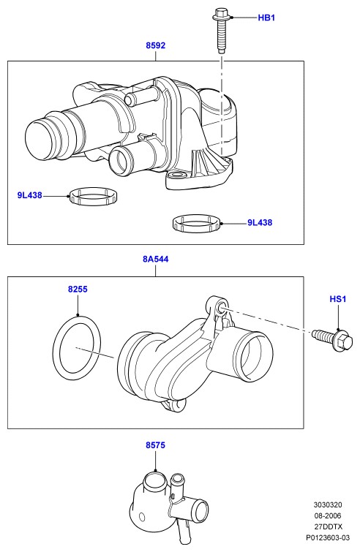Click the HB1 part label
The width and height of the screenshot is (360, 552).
[x=266, y=18]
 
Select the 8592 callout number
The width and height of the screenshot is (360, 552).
[x=155, y=45]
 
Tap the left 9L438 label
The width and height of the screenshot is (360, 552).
[x=29, y=194]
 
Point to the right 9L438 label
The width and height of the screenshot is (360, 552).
[x=260, y=222]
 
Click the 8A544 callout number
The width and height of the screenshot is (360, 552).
[x=155, y=259]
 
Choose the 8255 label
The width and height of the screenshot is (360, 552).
[x=78, y=290]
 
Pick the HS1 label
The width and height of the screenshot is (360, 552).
[x=338, y=299]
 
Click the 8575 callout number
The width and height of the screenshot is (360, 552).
[x=155, y=445]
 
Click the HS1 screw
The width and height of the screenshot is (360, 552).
[x=332, y=340]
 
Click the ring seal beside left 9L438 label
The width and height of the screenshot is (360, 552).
[x=94, y=196]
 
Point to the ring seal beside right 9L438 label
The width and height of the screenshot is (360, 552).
[x=197, y=224]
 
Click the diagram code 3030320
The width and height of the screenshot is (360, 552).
[x=328, y=504]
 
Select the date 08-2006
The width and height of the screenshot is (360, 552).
[x=328, y=515]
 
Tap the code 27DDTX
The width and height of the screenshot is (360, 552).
[x=328, y=526]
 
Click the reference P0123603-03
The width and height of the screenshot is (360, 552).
[x=328, y=537]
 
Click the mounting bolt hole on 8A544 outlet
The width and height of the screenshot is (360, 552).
[x=222, y=306]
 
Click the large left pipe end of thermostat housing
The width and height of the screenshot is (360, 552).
[x=40, y=140]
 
